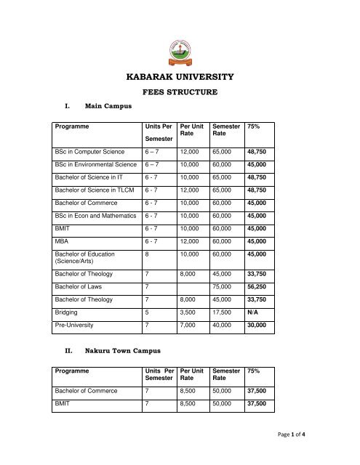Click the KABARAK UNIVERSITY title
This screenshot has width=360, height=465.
(x=180, y=76)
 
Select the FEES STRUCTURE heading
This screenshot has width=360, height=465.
(x=179, y=93)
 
